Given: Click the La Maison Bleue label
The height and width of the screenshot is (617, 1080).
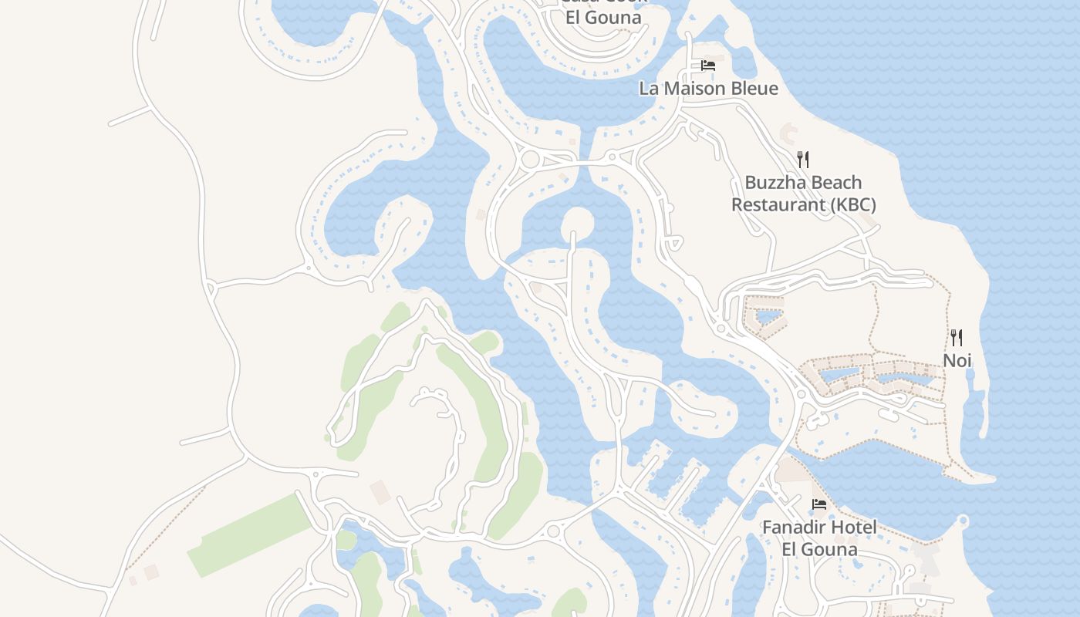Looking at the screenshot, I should click(x=708, y=89).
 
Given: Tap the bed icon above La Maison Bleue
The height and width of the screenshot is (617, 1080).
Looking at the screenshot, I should click(x=708, y=66).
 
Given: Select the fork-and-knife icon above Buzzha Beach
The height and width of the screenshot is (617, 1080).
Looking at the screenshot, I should click(x=803, y=160).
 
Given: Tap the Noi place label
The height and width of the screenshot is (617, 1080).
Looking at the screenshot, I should click(x=957, y=360).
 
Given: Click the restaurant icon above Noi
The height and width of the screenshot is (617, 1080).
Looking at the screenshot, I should click(x=957, y=338).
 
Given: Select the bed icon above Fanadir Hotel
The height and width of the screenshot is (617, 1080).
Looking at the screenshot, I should click(x=819, y=504).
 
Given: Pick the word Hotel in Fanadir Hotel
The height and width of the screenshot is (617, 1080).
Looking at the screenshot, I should click(x=854, y=528).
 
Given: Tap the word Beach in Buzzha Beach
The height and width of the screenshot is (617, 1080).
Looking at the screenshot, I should click(x=835, y=183).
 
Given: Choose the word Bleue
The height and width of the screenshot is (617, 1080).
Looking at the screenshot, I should click(x=754, y=89).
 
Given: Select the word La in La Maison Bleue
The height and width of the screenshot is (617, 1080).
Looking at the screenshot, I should click(x=649, y=89).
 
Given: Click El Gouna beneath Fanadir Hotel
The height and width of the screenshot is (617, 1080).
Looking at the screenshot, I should click(x=819, y=549).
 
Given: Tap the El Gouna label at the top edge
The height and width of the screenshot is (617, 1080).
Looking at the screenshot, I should click(x=603, y=17).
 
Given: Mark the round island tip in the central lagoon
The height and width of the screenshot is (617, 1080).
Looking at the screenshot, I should click(x=577, y=223).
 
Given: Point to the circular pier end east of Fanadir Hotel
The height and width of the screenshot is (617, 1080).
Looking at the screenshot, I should click(x=962, y=521).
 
